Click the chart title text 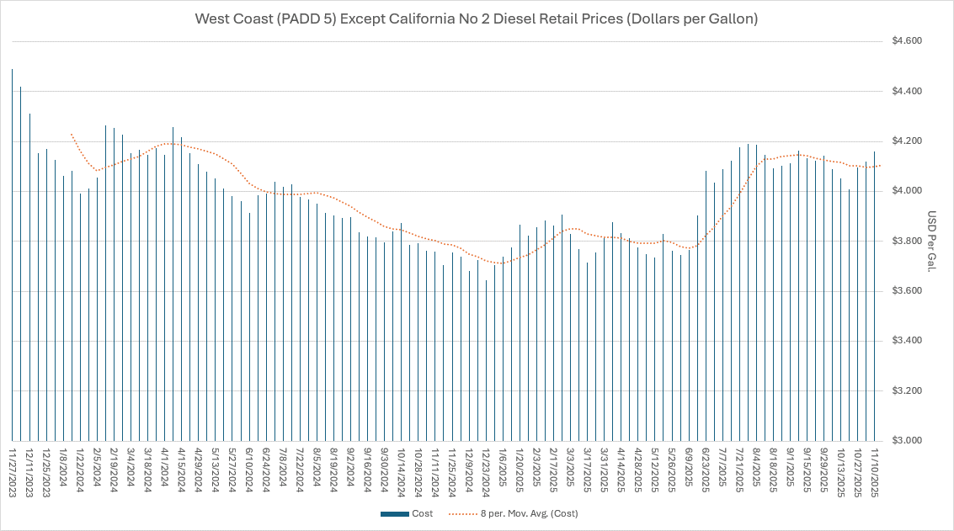pyautogui.click(x=477, y=19)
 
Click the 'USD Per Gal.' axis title pyautogui.click(x=933, y=242)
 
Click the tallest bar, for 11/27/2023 pyautogui.click(x=13, y=252)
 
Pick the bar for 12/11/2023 pyautogui.click(x=29, y=278)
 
